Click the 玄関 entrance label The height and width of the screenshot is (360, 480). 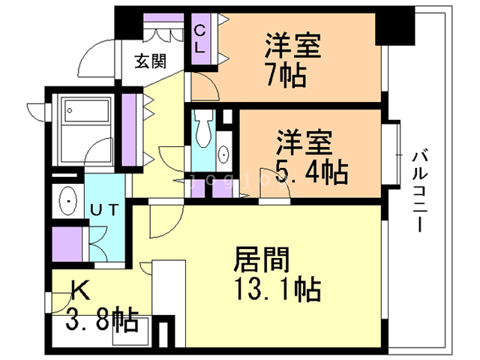151,61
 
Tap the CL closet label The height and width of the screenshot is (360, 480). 199,39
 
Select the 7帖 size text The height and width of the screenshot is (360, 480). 286,75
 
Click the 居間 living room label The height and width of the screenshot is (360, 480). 262,260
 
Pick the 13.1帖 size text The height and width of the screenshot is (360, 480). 277,289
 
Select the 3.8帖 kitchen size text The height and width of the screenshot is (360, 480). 102,320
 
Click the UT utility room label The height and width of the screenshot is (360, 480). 104,210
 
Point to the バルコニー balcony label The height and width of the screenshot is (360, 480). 420,190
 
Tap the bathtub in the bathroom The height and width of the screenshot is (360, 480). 86,109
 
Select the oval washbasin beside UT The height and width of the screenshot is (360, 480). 68,200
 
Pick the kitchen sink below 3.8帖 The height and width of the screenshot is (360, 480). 130,331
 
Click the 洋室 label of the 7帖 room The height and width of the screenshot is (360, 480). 293,46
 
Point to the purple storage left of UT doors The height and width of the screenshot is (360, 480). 67,244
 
